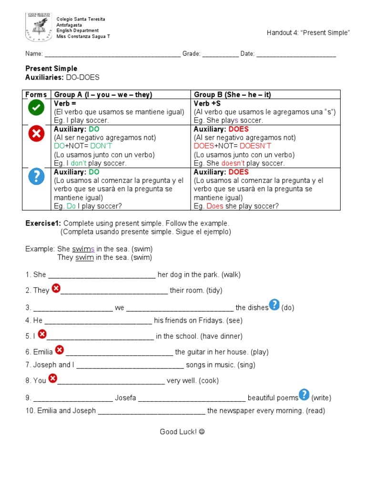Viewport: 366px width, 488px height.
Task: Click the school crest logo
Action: pos(38,27)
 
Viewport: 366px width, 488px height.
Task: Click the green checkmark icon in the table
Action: pos(36,108)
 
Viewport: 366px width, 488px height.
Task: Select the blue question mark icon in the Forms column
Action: pos(36,177)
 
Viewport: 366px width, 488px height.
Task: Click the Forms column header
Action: pos(36,95)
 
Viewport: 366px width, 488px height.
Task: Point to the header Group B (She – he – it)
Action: pos(232,95)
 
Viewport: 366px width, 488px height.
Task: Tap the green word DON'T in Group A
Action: pos(100,146)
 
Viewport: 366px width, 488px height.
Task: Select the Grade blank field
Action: pos(220,54)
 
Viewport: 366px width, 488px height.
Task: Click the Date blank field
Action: pos(296,54)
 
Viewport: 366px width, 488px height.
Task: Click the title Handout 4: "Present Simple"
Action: pos(308,32)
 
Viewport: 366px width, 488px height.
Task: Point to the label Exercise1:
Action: pos(43,223)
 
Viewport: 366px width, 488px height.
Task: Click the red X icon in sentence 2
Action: pos(56,288)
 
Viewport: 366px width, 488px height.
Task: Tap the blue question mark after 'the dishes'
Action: pos(274,305)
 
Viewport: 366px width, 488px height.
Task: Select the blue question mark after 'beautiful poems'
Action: pos(304,395)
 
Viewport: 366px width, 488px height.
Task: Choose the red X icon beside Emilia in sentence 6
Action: pos(59,350)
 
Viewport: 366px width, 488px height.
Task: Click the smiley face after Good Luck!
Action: pos(202,432)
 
